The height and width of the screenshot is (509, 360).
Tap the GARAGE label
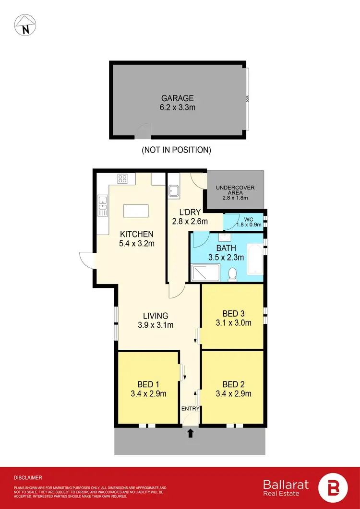click(x=178, y=98)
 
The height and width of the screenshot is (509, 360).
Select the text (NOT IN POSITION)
click(x=176, y=150)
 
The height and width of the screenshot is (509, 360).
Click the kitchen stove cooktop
click(x=122, y=180)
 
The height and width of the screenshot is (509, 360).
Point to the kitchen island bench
click(x=136, y=212)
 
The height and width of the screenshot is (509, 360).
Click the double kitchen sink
click(x=102, y=206)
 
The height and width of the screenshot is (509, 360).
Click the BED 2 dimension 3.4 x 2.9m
click(x=233, y=394)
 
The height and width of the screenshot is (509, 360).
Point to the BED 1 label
click(x=148, y=384)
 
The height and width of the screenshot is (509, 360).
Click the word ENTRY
click(x=190, y=408)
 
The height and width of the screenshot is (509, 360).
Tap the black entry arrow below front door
click(x=190, y=434)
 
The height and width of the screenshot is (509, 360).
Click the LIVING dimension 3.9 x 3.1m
click(x=156, y=325)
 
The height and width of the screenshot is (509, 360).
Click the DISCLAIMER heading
click(x=28, y=477)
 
